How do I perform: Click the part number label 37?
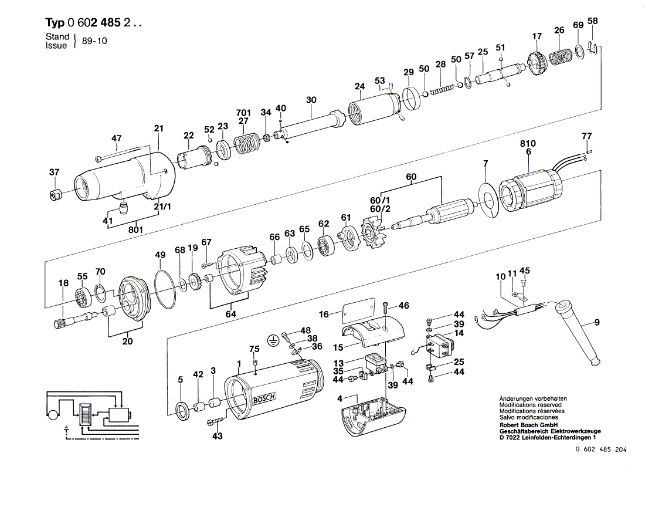click(x=54, y=172)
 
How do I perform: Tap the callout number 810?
click(x=527, y=143)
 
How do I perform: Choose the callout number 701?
click(x=243, y=113)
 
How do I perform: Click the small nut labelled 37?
click(x=56, y=194)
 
